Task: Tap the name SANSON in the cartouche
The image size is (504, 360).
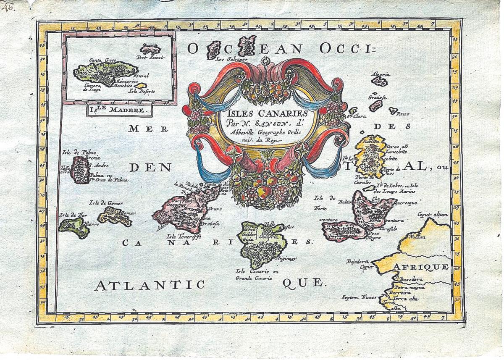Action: click(274, 123)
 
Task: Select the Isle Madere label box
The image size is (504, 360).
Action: click(119, 111)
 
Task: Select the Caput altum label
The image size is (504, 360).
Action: click(433, 215)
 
